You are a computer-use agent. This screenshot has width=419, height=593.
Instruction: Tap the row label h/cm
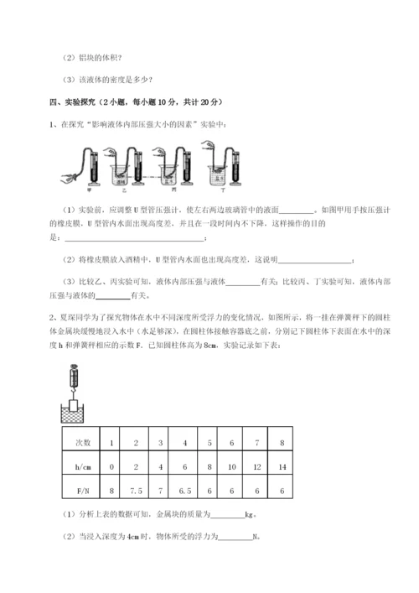(82, 461)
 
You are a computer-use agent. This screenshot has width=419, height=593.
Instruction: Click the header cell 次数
(82, 440)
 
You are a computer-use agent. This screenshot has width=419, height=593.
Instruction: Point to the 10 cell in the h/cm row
(231, 461)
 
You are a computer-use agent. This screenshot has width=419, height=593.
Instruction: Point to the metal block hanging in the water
(75, 408)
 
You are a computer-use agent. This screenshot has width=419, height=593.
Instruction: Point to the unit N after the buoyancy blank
(255, 537)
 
